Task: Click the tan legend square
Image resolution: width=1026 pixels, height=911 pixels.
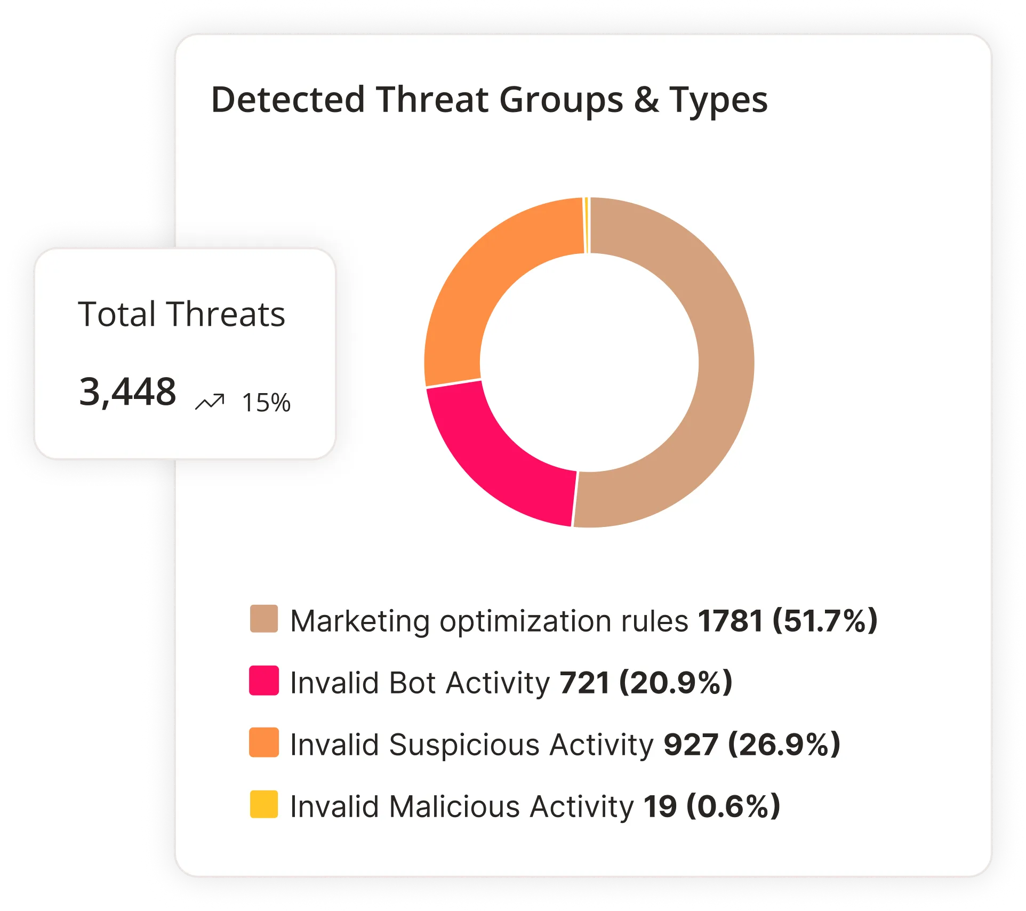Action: click(264, 619)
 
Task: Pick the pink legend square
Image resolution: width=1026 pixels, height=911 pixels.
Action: click(264, 681)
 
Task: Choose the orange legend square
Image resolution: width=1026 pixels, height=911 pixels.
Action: click(264, 742)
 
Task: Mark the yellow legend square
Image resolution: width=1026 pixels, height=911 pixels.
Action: click(264, 804)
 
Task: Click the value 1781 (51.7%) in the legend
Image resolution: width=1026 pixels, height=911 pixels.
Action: click(788, 621)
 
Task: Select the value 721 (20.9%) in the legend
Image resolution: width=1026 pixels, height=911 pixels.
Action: click(646, 683)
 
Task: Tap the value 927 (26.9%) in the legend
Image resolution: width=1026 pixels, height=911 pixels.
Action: click(751, 745)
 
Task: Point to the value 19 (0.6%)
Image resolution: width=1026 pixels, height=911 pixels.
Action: click(711, 806)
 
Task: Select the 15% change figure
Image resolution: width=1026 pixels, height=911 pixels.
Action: click(266, 403)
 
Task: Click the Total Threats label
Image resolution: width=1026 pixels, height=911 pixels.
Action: click(181, 314)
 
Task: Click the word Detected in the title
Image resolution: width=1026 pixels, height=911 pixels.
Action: click(288, 100)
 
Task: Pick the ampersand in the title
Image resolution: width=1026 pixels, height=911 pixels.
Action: click(646, 100)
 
